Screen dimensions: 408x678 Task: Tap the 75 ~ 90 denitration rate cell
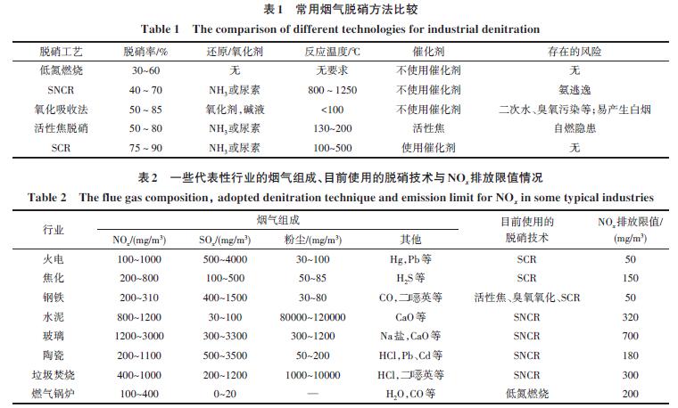(146, 148)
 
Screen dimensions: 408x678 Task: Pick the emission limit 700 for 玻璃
(630, 335)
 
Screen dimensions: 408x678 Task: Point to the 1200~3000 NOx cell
(137, 335)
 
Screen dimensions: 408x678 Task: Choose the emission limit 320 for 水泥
(630, 315)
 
